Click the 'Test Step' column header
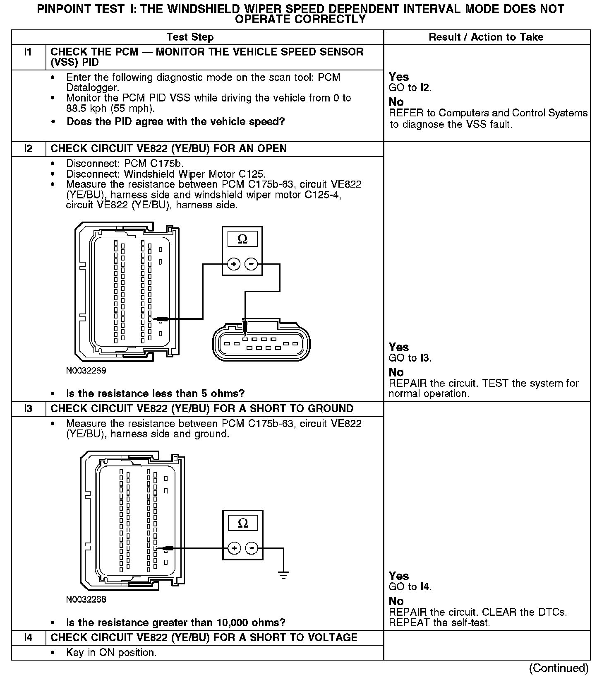tap(190, 37)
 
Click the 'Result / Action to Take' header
tap(486, 37)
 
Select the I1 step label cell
tap(28, 52)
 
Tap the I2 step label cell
tap(28, 149)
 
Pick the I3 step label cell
tap(28, 409)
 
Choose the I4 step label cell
tap(28, 637)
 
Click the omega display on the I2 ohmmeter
tap(242, 239)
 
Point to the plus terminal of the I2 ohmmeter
tap(234, 264)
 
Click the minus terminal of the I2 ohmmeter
tap(251, 264)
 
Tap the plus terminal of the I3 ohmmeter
tap(234, 548)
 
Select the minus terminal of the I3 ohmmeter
tap(252, 548)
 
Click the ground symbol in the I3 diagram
tap(283, 575)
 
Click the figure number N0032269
tap(86, 371)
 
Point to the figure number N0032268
tap(86, 599)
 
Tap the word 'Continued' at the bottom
tap(559, 668)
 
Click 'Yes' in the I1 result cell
tap(399, 77)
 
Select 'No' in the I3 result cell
tap(396, 601)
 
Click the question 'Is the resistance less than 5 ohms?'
tap(156, 393)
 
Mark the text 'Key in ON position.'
tap(111, 653)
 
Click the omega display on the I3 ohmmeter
tap(243, 523)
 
